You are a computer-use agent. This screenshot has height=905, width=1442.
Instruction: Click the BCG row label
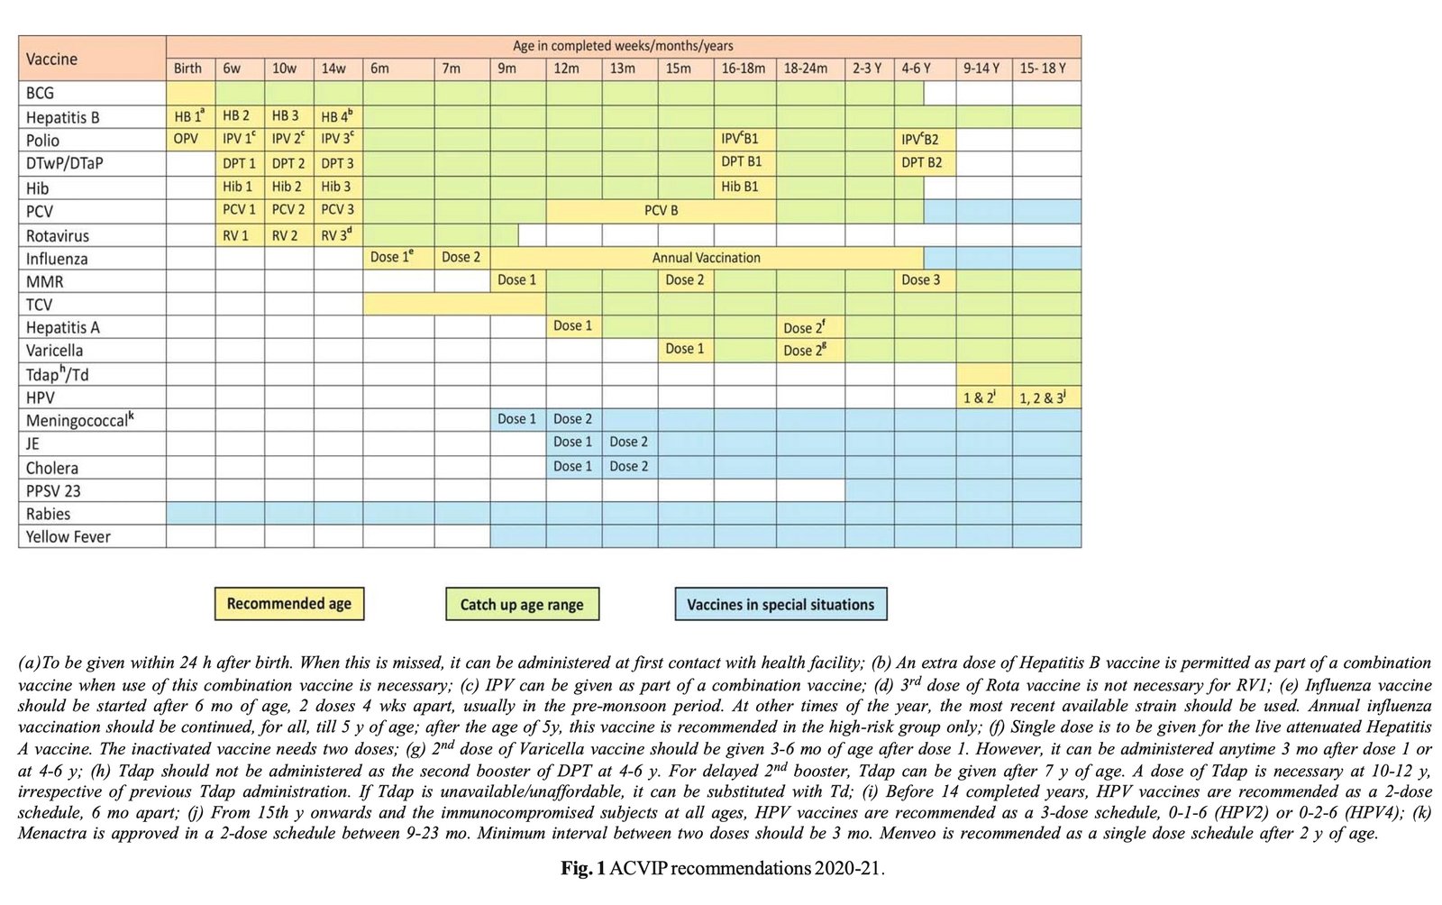pos(41,93)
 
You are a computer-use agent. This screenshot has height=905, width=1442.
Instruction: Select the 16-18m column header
pos(743,69)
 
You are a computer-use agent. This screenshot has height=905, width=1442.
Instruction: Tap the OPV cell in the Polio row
pos(186,139)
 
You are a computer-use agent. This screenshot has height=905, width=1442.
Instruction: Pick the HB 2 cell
pos(236,116)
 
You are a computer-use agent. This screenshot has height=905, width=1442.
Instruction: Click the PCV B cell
pos(661,211)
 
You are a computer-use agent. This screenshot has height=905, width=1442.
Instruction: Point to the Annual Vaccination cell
pos(706,258)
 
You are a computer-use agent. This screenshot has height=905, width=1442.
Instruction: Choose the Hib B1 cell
pos(739,187)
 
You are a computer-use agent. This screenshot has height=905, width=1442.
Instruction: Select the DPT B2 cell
pos(921,163)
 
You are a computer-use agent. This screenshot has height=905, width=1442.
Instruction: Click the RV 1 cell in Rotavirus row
pos(236,235)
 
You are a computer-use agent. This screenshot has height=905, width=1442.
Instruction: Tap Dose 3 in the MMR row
pos(920,280)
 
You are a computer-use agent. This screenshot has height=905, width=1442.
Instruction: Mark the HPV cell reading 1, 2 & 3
pos(1043,398)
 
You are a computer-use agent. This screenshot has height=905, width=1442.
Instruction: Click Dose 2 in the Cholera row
pos(628,466)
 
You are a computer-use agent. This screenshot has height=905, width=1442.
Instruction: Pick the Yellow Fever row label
pos(68,536)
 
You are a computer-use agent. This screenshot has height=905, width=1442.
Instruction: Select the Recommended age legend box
pos(289,604)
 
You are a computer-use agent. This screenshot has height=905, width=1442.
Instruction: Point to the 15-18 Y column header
pos(1043,69)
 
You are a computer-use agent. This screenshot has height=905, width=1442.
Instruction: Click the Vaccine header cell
pos(51,59)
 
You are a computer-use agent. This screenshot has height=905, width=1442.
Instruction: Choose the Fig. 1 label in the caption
pos(583,869)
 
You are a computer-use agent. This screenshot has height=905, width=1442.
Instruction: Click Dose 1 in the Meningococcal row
pos(516,419)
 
